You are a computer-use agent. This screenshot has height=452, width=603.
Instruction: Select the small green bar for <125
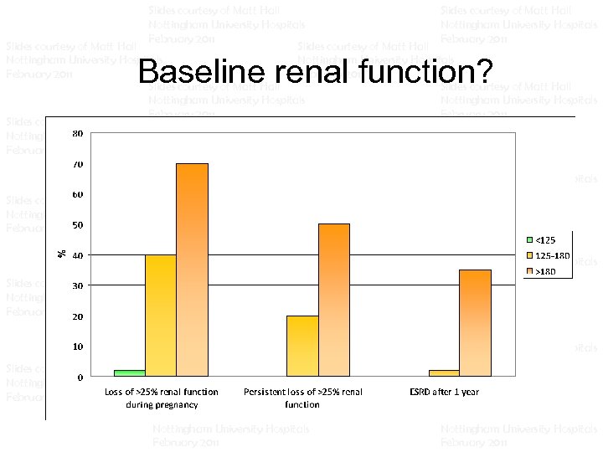click(x=129, y=372)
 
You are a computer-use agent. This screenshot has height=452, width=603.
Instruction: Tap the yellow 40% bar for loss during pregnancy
click(x=160, y=316)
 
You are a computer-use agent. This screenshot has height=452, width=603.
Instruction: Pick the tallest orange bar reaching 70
click(x=192, y=270)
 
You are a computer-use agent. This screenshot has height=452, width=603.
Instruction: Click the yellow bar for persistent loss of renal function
click(x=302, y=346)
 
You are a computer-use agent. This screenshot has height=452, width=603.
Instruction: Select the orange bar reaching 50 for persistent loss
click(x=333, y=300)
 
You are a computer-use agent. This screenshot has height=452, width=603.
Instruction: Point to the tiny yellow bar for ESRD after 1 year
click(x=444, y=372)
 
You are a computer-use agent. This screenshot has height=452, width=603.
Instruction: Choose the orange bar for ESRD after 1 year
click(x=475, y=322)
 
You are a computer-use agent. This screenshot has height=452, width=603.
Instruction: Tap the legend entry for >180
click(x=545, y=270)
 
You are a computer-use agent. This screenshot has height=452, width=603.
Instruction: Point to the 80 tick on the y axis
click(x=76, y=134)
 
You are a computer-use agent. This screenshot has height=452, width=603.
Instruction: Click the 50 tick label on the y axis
click(x=76, y=225)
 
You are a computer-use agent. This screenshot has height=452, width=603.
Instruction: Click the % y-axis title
click(x=61, y=253)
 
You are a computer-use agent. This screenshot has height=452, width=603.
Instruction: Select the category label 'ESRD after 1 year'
click(x=444, y=392)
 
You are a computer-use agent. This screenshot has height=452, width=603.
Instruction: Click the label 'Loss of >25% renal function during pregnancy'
click(x=161, y=398)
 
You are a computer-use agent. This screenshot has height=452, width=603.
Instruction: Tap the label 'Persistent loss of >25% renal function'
click(x=302, y=398)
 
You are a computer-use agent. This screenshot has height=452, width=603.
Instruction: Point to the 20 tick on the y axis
click(x=76, y=316)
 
